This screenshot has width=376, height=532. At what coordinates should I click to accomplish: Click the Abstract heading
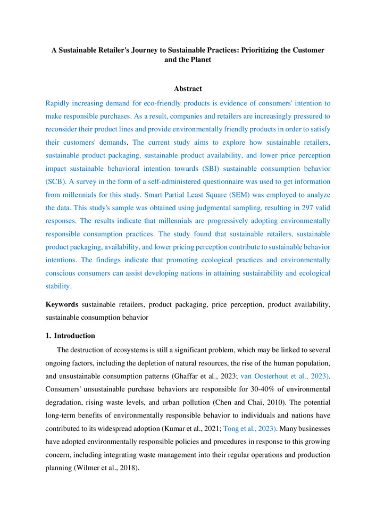point(188,89)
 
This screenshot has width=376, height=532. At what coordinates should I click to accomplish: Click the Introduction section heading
point(74,336)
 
